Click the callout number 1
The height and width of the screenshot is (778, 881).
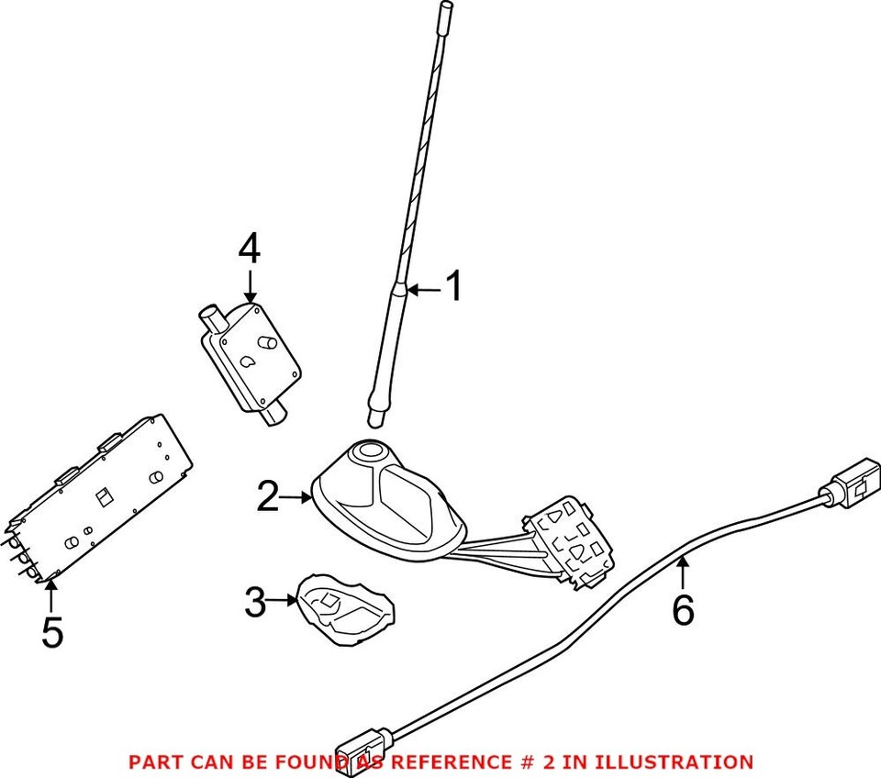click(x=452, y=287)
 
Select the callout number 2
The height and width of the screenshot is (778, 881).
click(x=268, y=496)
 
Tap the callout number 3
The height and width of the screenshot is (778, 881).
click(x=256, y=602)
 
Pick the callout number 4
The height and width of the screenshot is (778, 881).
click(x=250, y=250)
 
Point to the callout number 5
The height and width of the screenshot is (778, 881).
click(x=52, y=632)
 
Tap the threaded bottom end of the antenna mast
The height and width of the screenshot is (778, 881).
click(x=375, y=417)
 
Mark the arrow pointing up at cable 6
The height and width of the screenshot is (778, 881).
click(x=682, y=572)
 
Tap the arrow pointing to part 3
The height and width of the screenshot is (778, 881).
click(x=283, y=602)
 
